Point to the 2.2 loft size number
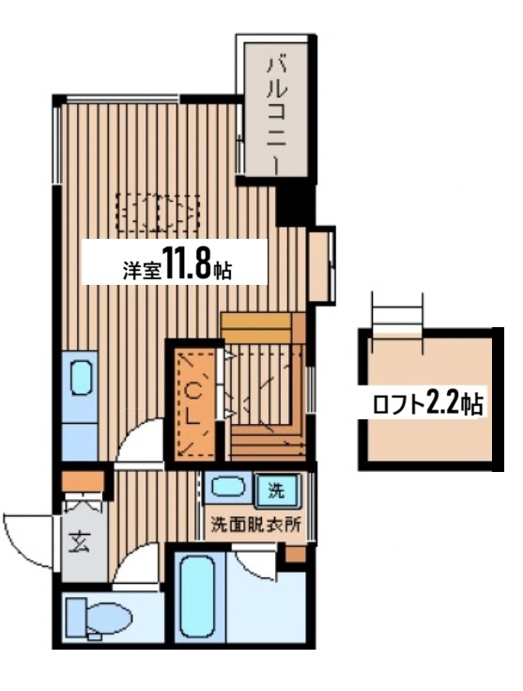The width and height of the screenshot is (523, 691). tap(442, 403)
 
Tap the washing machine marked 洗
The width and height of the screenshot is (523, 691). tap(277, 490)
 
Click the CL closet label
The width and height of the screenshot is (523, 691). tap(192, 401)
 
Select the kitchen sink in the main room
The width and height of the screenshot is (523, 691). tap(82, 378)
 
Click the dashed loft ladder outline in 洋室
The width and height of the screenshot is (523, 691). tap(159, 212)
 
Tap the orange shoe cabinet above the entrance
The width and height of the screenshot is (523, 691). tap(83, 481)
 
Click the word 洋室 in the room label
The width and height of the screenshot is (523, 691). tap(142, 270)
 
